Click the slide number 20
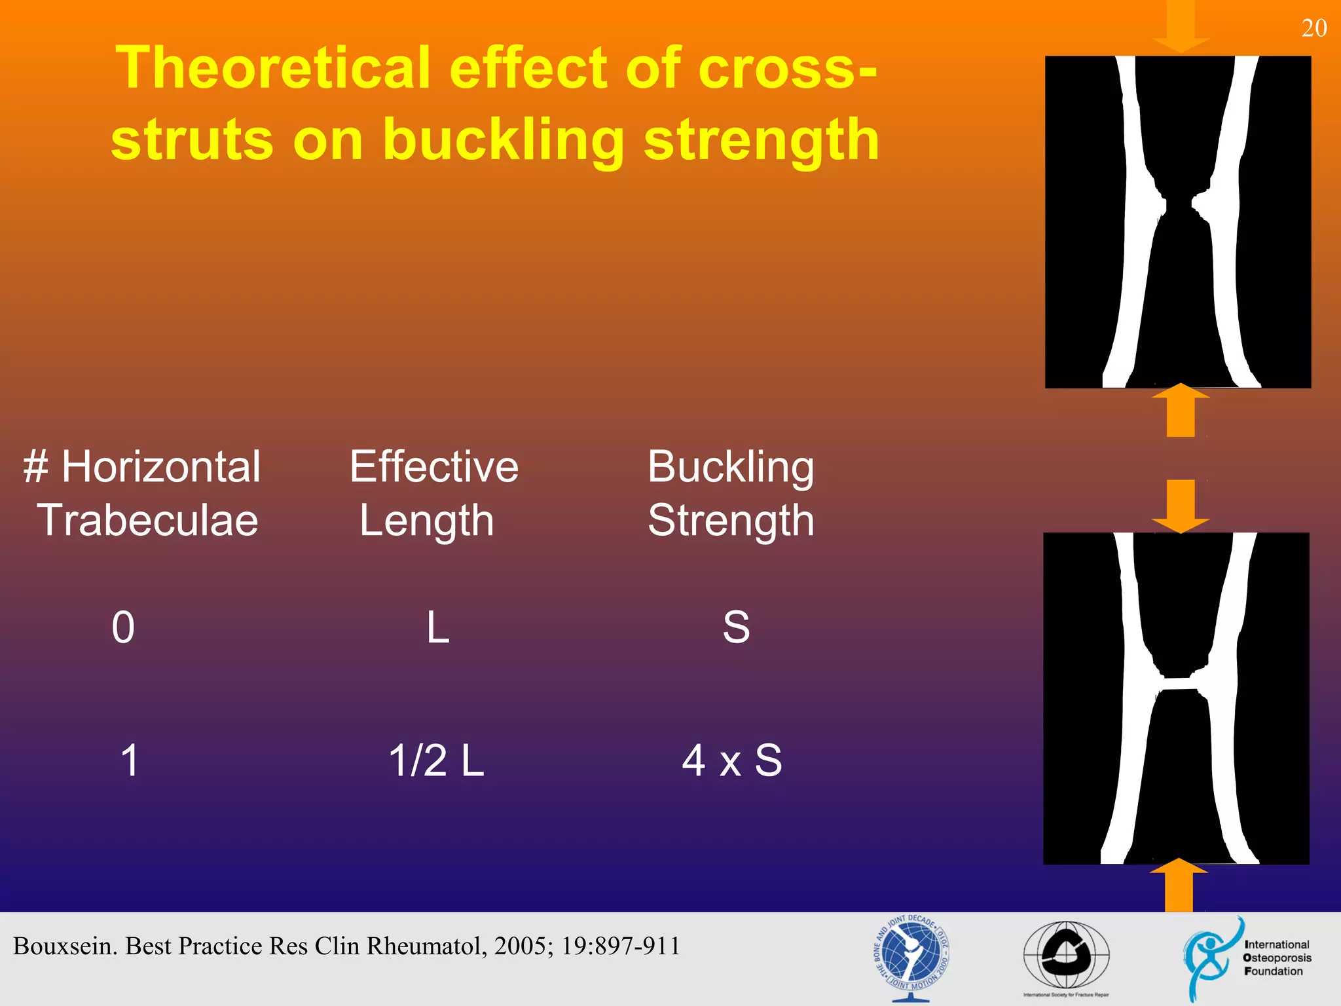point(1313,28)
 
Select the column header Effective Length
point(433,493)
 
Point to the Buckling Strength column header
point(731,493)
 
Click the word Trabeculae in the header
point(147,521)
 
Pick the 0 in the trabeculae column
point(123,627)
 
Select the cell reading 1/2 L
point(436,761)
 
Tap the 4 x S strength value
point(731,761)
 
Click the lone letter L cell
point(437,627)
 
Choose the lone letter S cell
point(736,627)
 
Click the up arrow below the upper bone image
point(1181,411)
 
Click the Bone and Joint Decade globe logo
point(911,957)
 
